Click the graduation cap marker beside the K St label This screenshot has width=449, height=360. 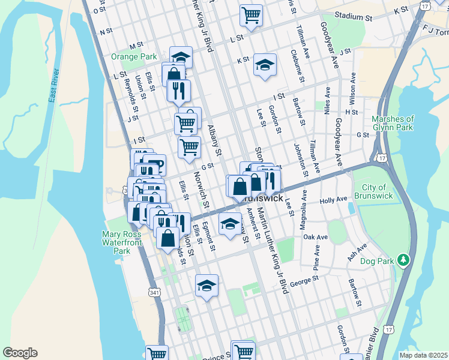click(264, 65)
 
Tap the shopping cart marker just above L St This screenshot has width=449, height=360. click(251, 16)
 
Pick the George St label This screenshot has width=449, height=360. click(303, 283)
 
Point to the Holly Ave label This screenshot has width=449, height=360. click(334, 200)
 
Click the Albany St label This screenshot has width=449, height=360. click(214, 139)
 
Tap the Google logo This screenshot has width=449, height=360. click(20, 353)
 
